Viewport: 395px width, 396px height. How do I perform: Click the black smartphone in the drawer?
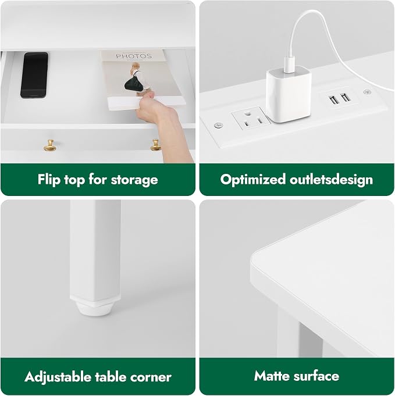pyautogui.click(x=34, y=75)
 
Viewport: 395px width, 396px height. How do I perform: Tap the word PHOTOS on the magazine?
pyautogui.click(x=134, y=56)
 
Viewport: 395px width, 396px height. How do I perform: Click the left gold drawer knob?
pyautogui.click(x=50, y=146)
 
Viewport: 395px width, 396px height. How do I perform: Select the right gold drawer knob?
pyautogui.click(x=156, y=145)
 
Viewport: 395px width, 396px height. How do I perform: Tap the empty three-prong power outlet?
pyautogui.click(x=251, y=118)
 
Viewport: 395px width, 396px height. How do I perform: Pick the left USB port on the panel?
pyautogui.click(x=334, y=99)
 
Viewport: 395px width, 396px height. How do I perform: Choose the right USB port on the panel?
pyautogui.click(x=346, y=97)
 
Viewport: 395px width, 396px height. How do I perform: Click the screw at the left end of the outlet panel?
pyautogui.click(x=218, y=125)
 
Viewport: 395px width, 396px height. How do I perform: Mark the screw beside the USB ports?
pyautogui.click(x=367, y=92)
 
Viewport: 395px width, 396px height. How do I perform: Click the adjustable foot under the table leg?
pyautogui.click(x=95, y=308)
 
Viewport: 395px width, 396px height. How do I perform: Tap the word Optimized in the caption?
pyautogui.click(x=253, y=180)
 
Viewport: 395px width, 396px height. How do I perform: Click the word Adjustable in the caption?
pyautogui.click(x=58, y=377)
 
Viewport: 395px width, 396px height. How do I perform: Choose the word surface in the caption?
pyautogui.click(x=316, y=376)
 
